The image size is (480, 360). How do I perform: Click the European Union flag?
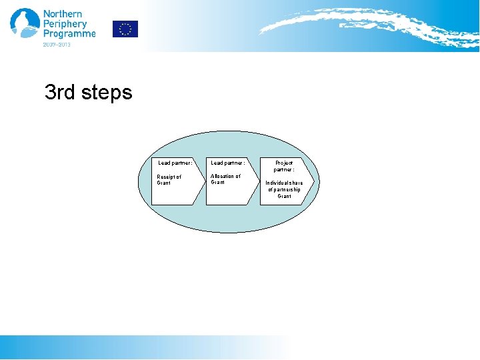[125, 29]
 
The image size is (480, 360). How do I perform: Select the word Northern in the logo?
[63, 14]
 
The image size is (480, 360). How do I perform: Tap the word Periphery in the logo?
[65, 24]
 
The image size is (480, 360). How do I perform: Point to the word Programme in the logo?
[69, 34]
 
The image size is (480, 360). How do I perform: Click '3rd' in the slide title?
[60, 92]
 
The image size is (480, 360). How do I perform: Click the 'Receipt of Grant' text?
[169, 180]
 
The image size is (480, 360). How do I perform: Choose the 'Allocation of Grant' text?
[225, 179]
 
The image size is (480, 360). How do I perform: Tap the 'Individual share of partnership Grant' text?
[284, 189]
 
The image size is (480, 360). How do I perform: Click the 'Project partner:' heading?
[284, 166]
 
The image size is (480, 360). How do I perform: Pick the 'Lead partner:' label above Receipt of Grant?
[175, 163]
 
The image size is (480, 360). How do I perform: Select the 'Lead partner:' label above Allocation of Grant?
[228, 163]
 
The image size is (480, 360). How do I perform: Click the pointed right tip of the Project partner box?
[312, 181]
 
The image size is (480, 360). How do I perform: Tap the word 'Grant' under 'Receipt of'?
[164, 183]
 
